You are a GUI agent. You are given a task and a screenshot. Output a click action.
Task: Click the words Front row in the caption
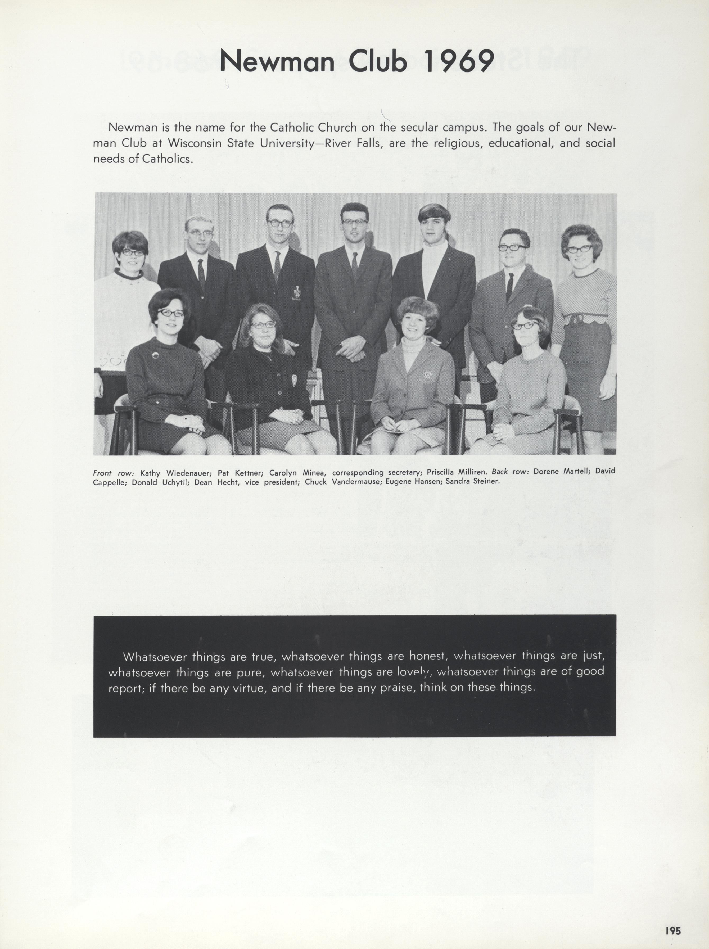[114, 473]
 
